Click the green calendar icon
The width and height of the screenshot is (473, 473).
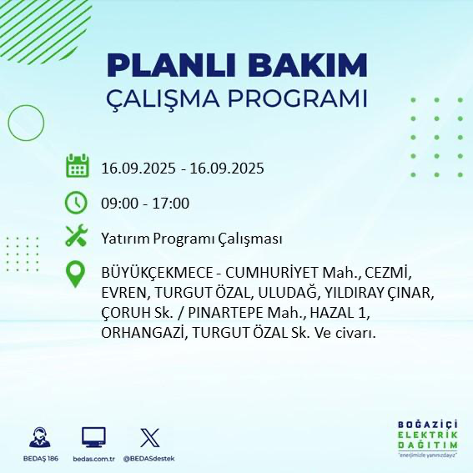click(77, 167)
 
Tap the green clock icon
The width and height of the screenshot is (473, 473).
click(77, 203)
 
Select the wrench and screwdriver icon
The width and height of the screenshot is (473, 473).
click(77, 237)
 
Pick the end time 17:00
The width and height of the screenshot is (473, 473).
click(171, 204)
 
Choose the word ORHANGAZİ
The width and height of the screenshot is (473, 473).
click(143, 333)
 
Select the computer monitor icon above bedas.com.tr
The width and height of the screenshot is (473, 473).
click(93, 438)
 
